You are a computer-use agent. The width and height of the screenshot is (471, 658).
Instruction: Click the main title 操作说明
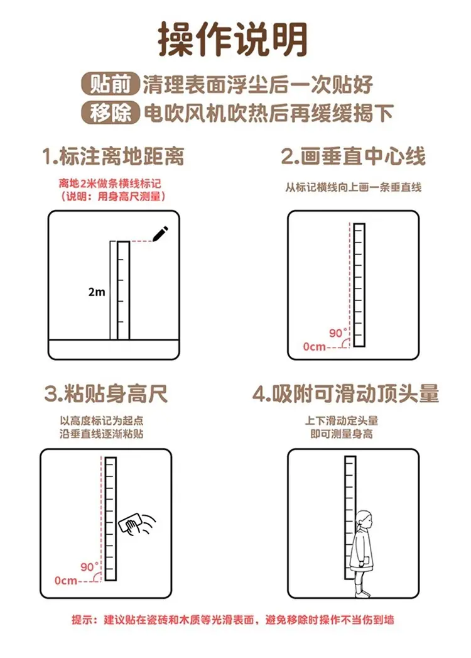tap(233, 40)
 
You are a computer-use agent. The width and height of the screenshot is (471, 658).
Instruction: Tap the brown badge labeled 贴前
tap(110, 84)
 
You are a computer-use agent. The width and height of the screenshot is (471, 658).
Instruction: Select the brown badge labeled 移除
tap(110, 112)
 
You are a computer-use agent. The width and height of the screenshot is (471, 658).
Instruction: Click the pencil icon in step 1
tap(160, 234)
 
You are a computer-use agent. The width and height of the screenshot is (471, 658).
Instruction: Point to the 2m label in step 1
tap(97, 292)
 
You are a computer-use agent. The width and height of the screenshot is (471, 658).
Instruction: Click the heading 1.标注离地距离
tap(113, 156)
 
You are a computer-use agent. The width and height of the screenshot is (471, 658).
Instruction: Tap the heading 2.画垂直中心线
tap(353, 156)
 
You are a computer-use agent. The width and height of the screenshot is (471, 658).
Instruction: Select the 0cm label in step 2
tap(315, 347)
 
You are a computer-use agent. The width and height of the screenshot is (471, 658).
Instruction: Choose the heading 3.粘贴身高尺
tap(106, 393)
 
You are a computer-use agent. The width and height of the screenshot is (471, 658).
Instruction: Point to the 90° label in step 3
tap(89, 567)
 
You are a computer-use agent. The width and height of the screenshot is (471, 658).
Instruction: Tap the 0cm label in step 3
tap(66, 581)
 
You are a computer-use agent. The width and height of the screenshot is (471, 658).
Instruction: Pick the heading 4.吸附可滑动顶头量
tap(345, 393)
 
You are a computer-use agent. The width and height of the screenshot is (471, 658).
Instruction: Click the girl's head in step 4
tap(363, 520)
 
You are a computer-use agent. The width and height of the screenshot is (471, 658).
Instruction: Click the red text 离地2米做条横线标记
tap(110, 184)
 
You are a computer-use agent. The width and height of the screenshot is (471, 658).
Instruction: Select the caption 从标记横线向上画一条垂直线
tap(353, 187)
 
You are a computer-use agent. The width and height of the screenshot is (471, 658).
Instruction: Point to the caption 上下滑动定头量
tap(342, 420)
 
